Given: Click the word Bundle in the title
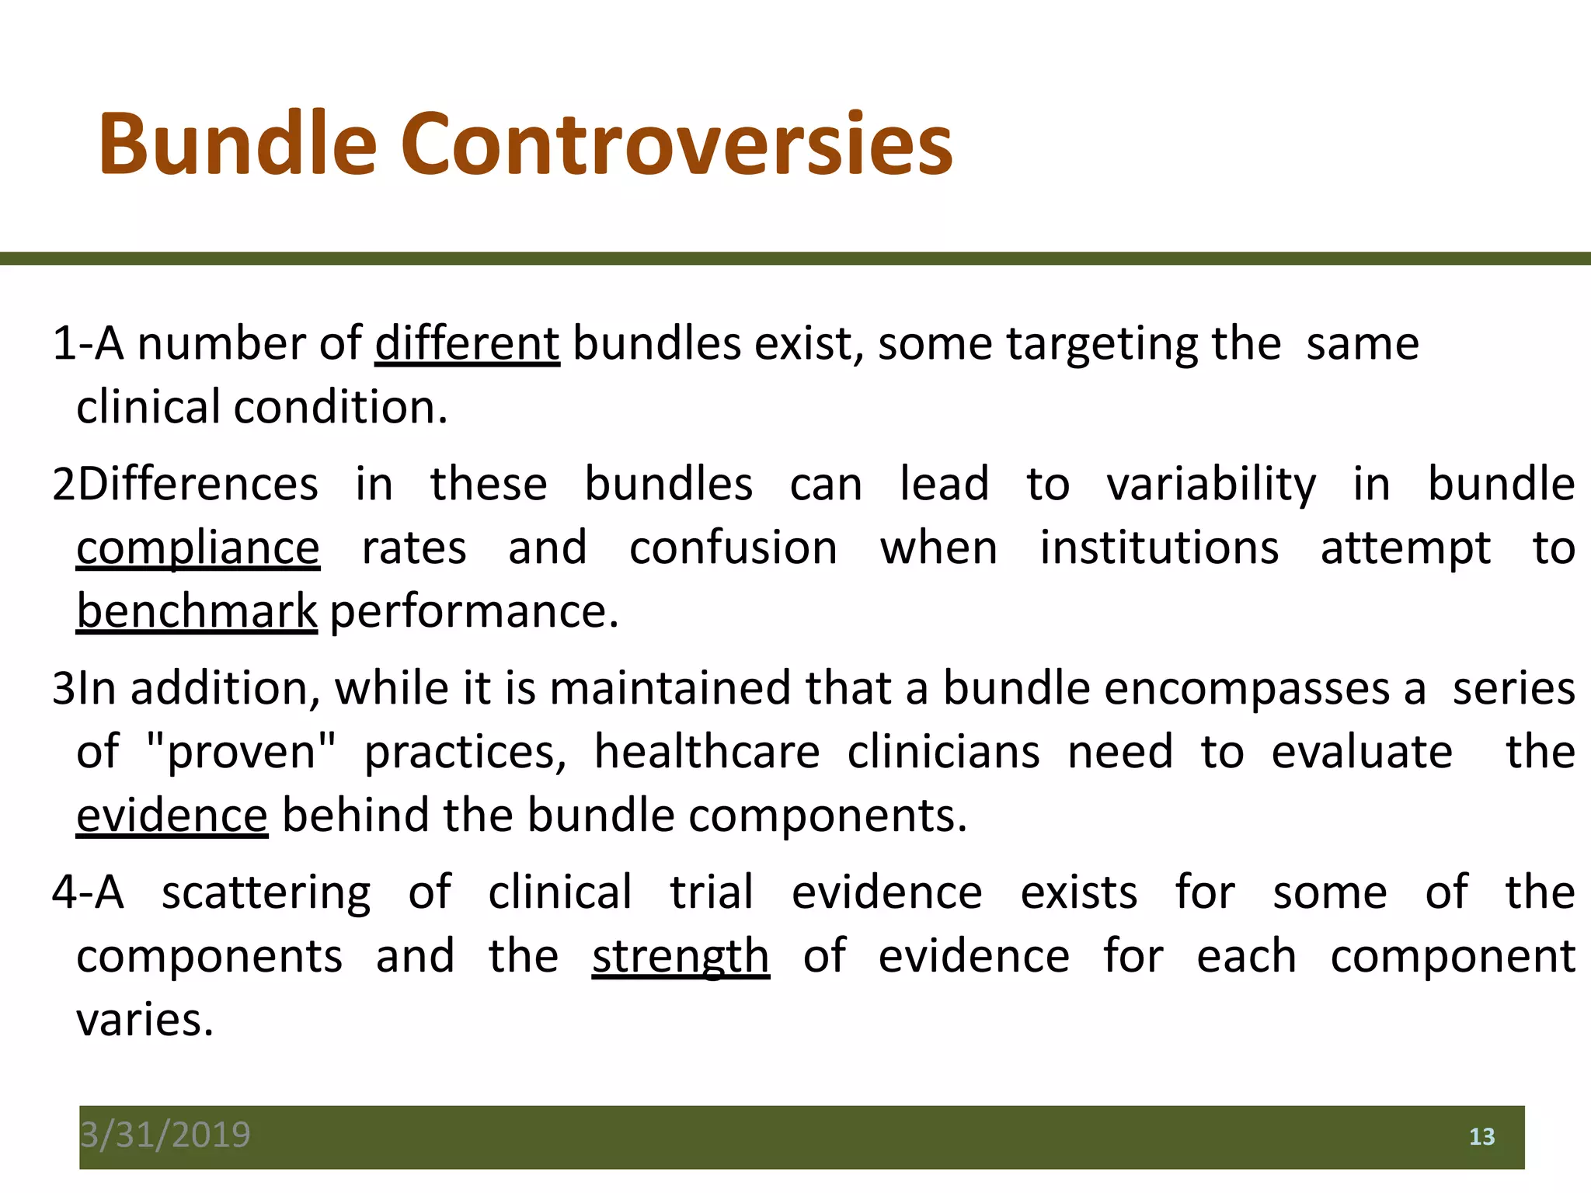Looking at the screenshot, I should pyautogui.click(x=237, y=144).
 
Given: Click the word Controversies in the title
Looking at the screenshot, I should pyautogui.click(x=676, y=144).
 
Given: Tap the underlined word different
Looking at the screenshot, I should pyautogui.click(x=467, y=343).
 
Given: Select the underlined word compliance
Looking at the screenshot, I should pyautogui.click(x=198, y=548).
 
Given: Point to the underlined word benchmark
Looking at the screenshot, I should pyautogui.click(x=197, y=611).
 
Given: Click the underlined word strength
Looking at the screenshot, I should pyautogui.click(x=681, y=956).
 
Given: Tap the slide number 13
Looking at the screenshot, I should pyautogui.click(x=1481, y=1137).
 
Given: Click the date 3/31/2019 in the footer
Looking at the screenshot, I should pyautogui.click(x=165, y=1135).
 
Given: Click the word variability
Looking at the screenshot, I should pyautogui.click(x=1211, y=485).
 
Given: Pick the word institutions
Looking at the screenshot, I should pyautogui.click(x=1159, y=548).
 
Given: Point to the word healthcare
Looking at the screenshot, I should pyautogui.click(x=707, y=752).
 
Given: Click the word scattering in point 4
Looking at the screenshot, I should pyautogui.click(x=266, y=893).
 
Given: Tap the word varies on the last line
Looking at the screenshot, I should pyautogui.click(x=144, y=1020).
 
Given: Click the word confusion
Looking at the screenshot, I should pyautogui.click(x=733, y=548).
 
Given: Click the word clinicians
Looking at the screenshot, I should pyautogui.click(x=943, y=752).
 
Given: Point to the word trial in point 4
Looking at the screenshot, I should pyautogui.click(x=712, y=892).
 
